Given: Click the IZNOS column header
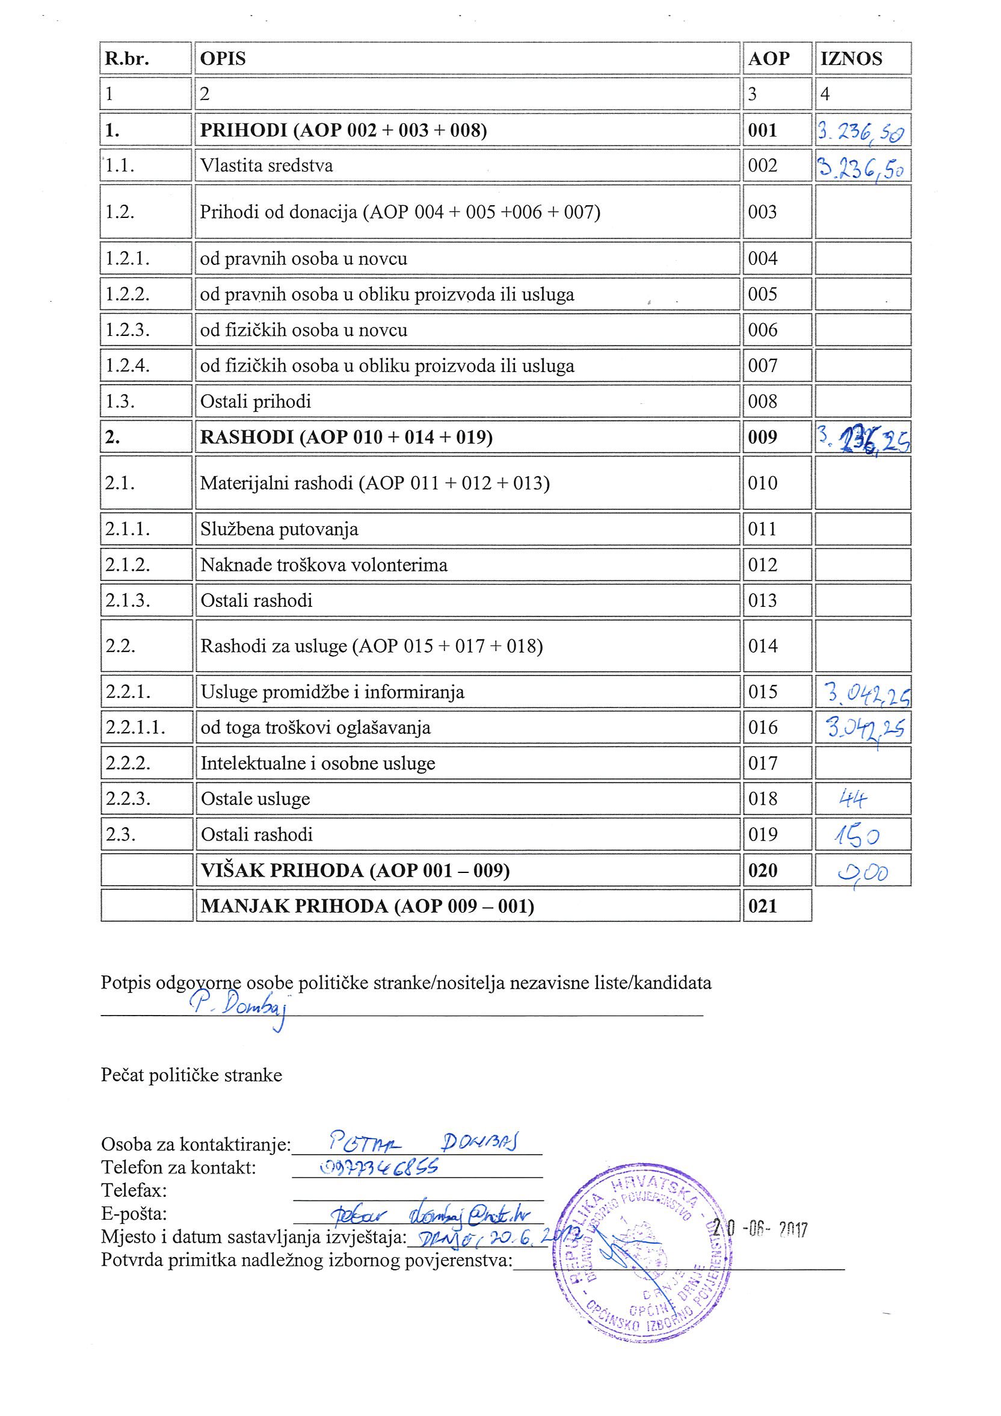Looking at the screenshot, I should (851, 58).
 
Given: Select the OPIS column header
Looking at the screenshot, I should (223, 58).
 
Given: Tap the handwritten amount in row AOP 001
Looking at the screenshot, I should (861, 131).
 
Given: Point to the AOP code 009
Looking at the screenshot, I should (762, 437).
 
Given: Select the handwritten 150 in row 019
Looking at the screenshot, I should (857, 836).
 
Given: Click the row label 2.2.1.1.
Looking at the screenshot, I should (135, 728).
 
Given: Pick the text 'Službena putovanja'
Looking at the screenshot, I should (279, 529).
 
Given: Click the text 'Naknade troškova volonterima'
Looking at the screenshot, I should (324, 565).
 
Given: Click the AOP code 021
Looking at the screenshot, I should (762, 906).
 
